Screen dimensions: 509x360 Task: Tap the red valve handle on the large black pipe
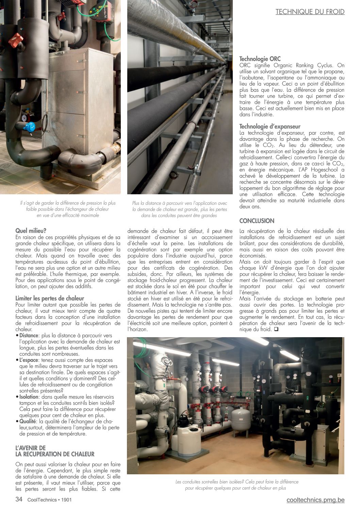[x=15, y=40]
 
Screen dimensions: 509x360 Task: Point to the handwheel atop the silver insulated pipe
[x=166, y=361]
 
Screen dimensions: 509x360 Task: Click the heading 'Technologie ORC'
[x=260, y=59]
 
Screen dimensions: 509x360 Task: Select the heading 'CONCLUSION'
[x=257, y=221]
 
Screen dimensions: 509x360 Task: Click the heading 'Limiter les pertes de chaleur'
[x=50, y=298]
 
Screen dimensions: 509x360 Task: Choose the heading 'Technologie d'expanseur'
[x=270, y=127]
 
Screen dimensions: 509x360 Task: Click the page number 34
[x=19, y=499]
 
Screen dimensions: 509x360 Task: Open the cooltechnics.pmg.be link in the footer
[x=315, y=500]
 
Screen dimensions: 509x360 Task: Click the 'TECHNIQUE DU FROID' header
[x=310, y=12]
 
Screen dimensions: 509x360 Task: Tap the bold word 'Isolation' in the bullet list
[x=28, y=397]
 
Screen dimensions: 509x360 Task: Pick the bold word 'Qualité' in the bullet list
[x=28, y=421]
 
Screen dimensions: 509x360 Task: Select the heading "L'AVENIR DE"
[x=30, y=448]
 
